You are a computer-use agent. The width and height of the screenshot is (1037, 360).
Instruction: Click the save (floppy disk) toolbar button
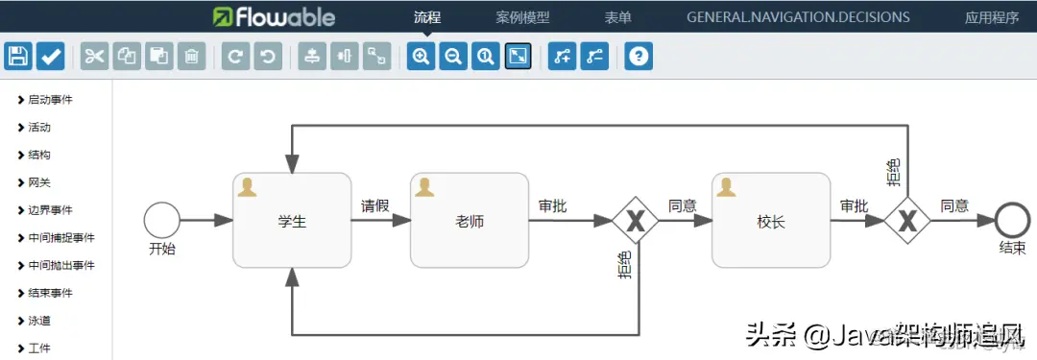(x=18, y=57)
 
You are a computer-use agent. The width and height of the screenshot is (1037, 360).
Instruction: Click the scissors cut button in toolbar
(x=94, y=57)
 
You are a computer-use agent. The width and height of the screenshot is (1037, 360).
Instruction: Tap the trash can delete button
(x=192, y=57)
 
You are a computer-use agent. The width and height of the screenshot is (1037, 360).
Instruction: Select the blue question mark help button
(x=639, y=57)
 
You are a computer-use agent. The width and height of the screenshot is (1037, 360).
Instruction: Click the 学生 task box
(x=292, y=221)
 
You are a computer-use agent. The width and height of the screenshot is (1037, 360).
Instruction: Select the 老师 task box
(x=469, y=221)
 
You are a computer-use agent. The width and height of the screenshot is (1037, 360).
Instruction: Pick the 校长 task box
(x=770, y=221)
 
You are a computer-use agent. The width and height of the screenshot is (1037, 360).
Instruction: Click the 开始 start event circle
(x=161, y=221)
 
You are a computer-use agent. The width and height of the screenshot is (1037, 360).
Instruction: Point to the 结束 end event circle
(x=1012, y=221)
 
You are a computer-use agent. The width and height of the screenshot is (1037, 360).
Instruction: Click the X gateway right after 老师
(x=635, y=221)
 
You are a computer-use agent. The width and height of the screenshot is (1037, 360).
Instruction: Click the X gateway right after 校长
(x=906, y=221)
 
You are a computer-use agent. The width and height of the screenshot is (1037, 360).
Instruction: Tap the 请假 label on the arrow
(x=375, y=205)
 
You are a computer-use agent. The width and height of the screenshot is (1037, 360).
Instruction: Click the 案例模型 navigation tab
(x=522, y=16)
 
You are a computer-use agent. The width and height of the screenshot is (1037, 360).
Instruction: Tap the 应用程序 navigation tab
(x=992, y=16)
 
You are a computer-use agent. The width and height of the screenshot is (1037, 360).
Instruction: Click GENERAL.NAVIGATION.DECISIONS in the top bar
(x=798, y=16)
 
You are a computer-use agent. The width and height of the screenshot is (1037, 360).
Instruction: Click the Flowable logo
(x=275, y=16)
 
